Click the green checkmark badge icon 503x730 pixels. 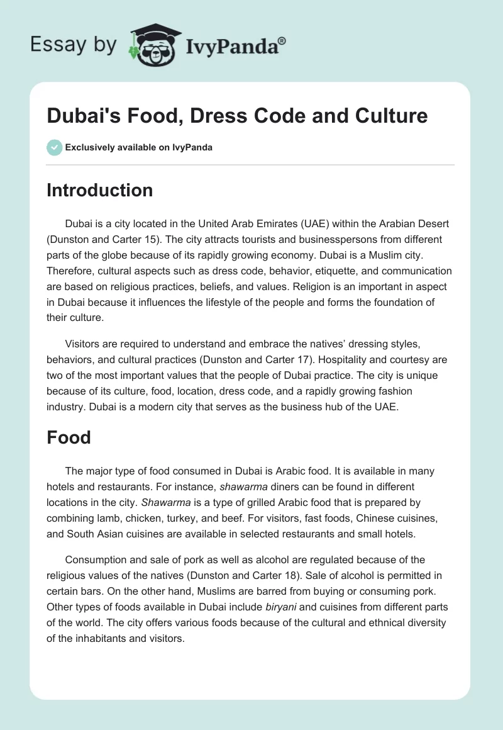click(54, 147)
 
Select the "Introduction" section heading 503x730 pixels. click(99, 191)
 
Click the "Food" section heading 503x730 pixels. click(69, 437)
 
